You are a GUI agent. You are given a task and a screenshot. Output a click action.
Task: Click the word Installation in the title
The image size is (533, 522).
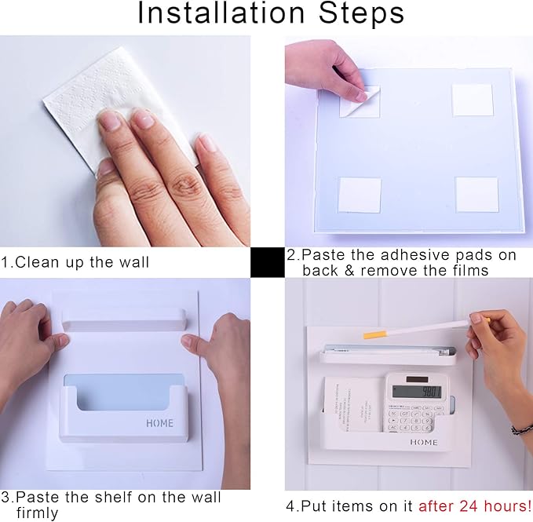[221, 13]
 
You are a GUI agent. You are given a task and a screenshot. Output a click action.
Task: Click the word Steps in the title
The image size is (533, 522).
[361, 13]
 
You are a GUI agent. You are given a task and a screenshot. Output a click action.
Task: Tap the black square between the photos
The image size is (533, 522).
[268, 262]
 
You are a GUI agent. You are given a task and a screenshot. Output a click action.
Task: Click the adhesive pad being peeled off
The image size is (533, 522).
[360, 101]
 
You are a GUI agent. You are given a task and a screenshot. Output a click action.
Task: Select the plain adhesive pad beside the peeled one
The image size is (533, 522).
[473, 100]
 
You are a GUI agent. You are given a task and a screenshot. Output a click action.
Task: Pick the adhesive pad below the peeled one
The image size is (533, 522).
[360, 195]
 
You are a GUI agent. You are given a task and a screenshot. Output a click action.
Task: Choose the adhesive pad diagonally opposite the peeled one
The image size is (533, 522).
[477, 195]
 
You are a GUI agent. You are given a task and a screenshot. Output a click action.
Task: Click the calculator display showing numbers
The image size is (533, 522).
[417, 392]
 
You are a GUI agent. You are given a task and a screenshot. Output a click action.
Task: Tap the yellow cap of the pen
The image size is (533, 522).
[375, 334]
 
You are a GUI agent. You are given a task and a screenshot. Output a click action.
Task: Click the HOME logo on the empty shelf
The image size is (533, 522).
[159, 423]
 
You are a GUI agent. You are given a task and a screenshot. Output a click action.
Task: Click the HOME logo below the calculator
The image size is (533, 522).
[424, 442]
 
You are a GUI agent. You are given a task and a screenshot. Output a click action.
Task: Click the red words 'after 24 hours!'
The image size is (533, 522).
[475, 506]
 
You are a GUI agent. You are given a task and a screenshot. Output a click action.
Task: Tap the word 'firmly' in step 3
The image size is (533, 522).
[37, 513]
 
